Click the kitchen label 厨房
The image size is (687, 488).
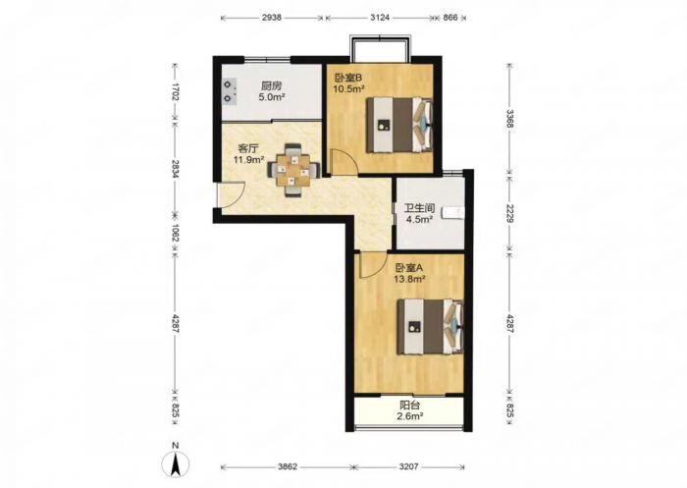[271, 86]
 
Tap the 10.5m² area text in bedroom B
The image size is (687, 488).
[348, 89]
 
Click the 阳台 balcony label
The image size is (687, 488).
[409, 406]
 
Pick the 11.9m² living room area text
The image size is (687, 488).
[248, 160]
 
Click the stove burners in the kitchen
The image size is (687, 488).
[229, 90]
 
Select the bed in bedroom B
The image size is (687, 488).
[399, 125]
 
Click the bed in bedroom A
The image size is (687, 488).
[430, 327]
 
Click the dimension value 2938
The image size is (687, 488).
[272, 18]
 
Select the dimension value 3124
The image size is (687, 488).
[380, 18]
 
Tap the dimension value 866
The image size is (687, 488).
[450, 18]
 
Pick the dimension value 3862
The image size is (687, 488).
[288, 466]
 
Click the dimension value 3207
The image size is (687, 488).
[408, 466]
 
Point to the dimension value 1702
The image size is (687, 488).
[176, 91]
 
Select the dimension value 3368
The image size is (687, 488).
[508, 119]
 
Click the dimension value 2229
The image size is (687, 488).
[508, 214]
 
